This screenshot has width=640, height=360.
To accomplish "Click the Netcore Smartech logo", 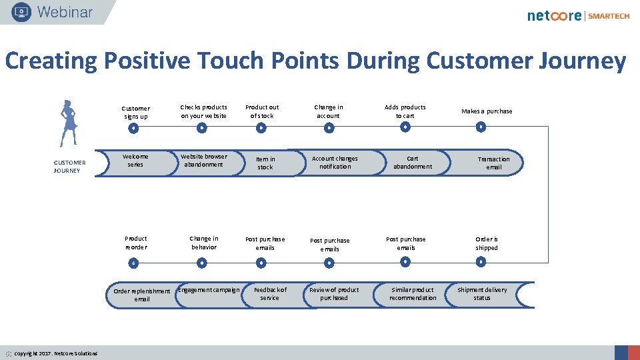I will point(578,15).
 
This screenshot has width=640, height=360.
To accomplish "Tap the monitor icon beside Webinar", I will point(21,12).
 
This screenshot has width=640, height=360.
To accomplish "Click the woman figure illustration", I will point(68,123).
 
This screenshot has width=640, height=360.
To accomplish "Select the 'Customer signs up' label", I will point(135,112).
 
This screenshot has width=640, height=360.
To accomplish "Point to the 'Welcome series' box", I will point(135,161).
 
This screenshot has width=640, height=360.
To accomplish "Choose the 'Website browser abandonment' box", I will point(204,161).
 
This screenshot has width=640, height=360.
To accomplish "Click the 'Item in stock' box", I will point(265,163).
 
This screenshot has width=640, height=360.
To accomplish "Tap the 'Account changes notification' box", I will point(335,163).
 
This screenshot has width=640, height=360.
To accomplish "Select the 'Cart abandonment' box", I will point(413,163).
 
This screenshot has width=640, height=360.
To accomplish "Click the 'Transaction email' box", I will point(493,163).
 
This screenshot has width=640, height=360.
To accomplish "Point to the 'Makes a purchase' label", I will point(487,111).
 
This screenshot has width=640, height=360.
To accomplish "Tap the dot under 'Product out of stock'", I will point(261,127).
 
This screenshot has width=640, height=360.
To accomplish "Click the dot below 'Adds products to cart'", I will point(405,127).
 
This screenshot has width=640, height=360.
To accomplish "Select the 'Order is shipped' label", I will point(487,243).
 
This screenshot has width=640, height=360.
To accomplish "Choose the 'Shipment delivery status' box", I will point(482,294).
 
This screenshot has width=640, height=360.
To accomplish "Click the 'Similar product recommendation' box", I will point(413,294).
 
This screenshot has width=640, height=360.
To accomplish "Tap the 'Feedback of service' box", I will point(270,294).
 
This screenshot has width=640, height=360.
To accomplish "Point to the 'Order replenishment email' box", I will point(141,295).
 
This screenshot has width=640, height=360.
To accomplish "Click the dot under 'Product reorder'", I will point(133,263).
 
